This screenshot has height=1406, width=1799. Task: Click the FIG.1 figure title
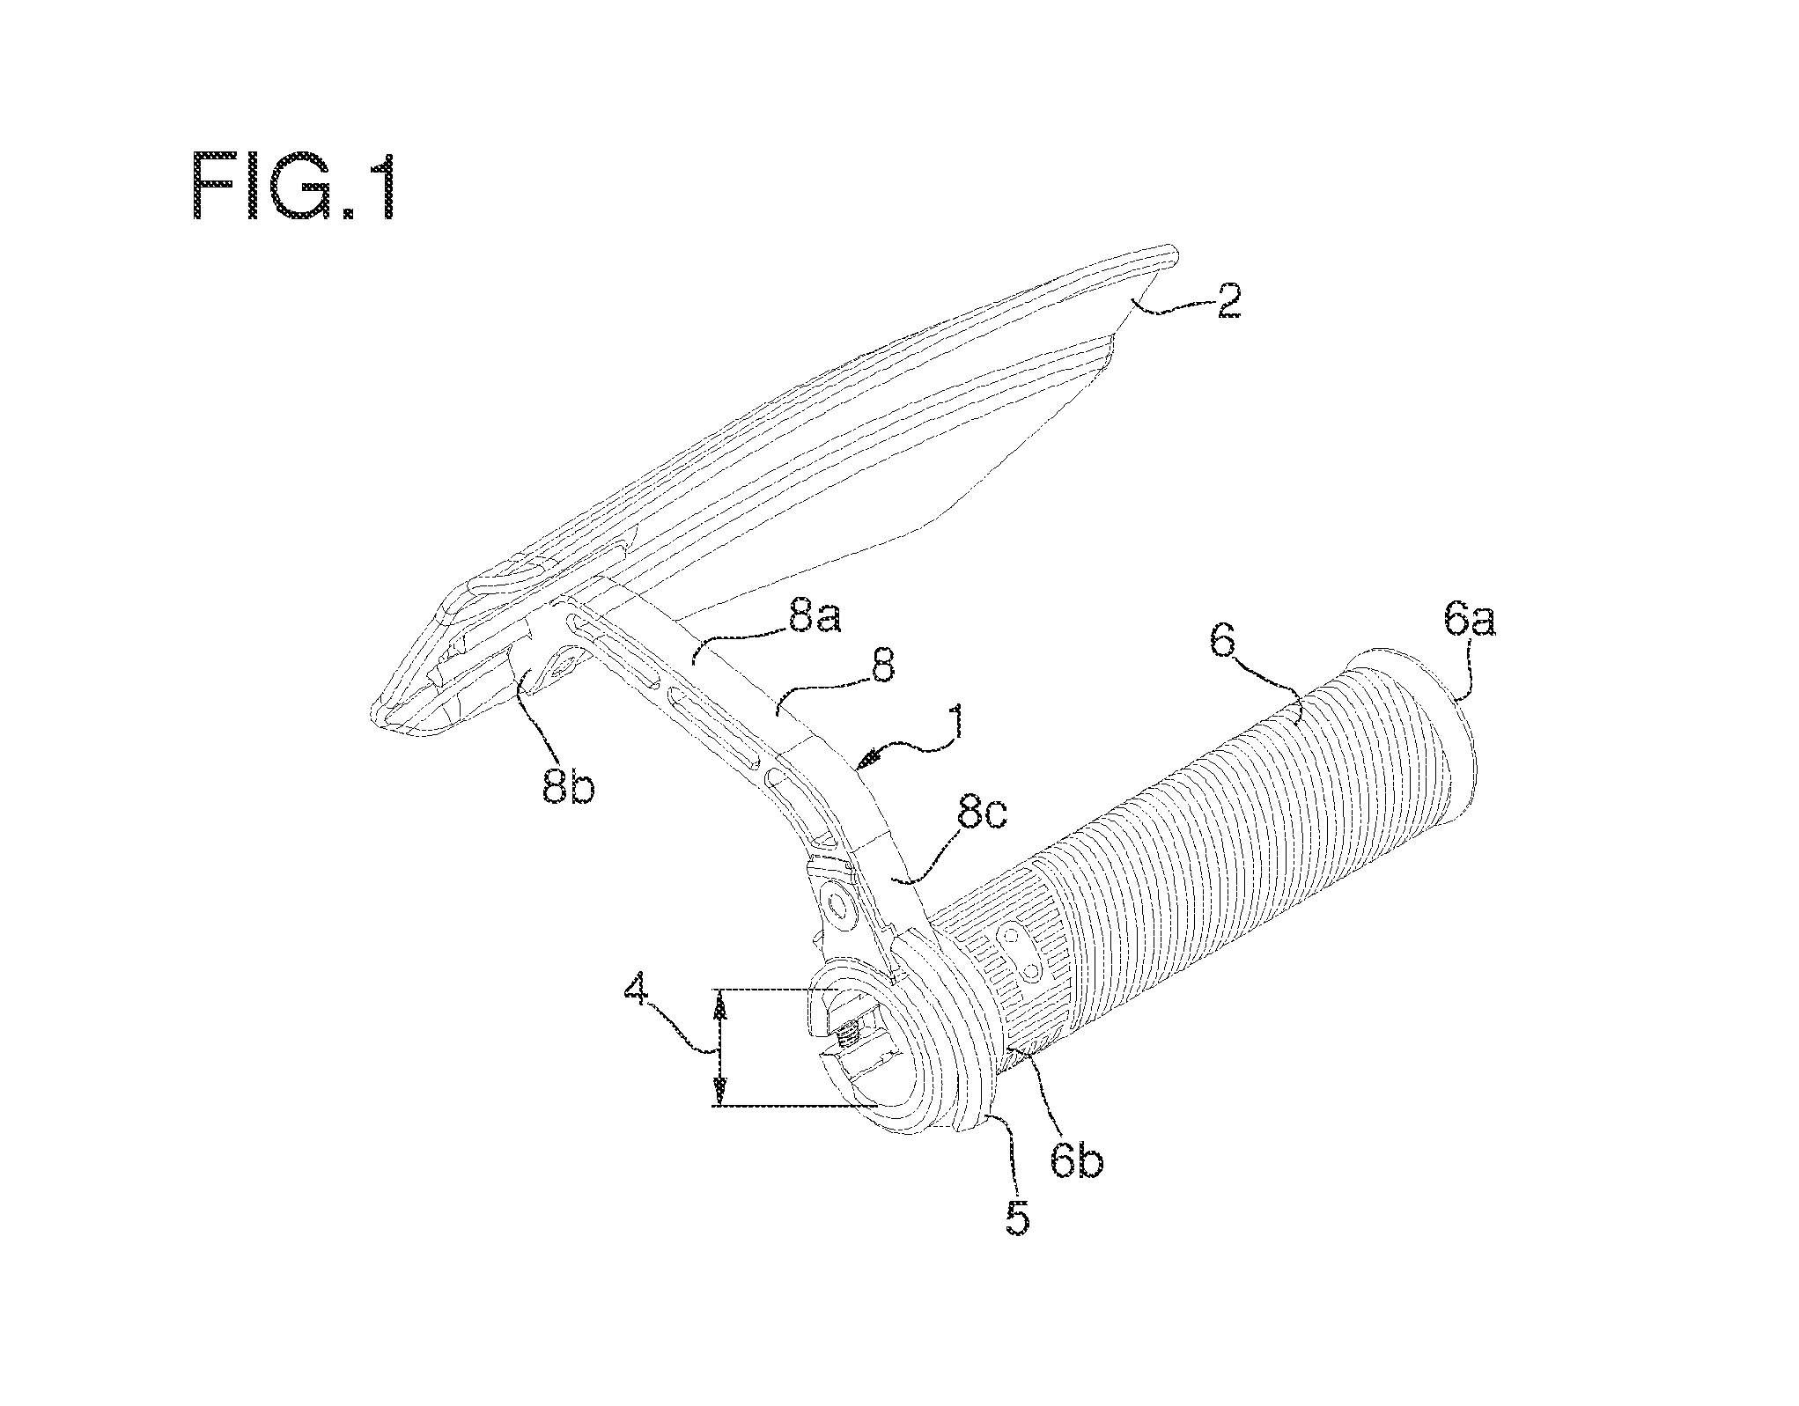tap(295, 186)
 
